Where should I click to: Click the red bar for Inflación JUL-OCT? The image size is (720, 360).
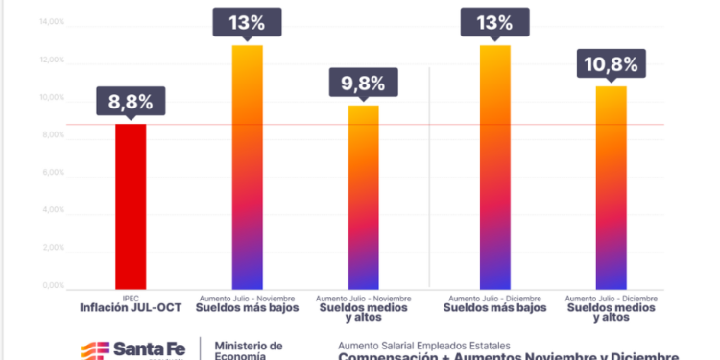tap(131, 205)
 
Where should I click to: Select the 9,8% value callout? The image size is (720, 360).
tap(362, 84)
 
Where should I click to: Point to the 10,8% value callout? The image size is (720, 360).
tap(611, 65)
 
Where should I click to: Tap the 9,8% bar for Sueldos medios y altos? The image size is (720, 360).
tap(363, 196)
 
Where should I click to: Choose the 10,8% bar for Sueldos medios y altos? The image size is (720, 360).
tap(611, 187)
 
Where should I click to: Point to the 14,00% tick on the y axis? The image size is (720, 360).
tap(51, 23)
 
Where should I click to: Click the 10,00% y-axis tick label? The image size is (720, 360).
tap(51, 98)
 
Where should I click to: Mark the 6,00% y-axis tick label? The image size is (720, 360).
tap(52, 173)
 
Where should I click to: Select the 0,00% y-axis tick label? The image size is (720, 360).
tap(52, 286)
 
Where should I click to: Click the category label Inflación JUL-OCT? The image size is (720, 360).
tap(131, 308)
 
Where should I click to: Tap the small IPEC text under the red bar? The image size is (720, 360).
tap(131, 298)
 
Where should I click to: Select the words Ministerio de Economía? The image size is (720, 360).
tap(248, 350)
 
